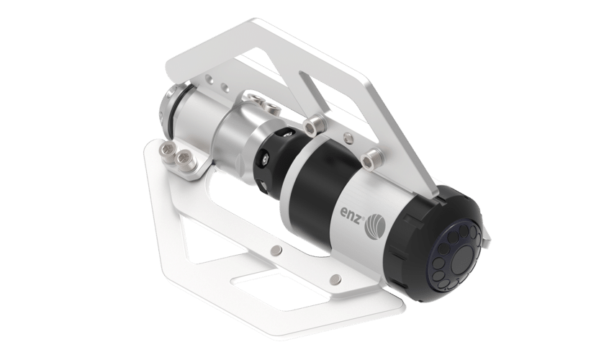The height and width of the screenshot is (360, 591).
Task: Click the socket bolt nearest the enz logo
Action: [x=371, y=157]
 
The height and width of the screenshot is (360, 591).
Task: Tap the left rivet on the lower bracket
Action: [x=276, y=250]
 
